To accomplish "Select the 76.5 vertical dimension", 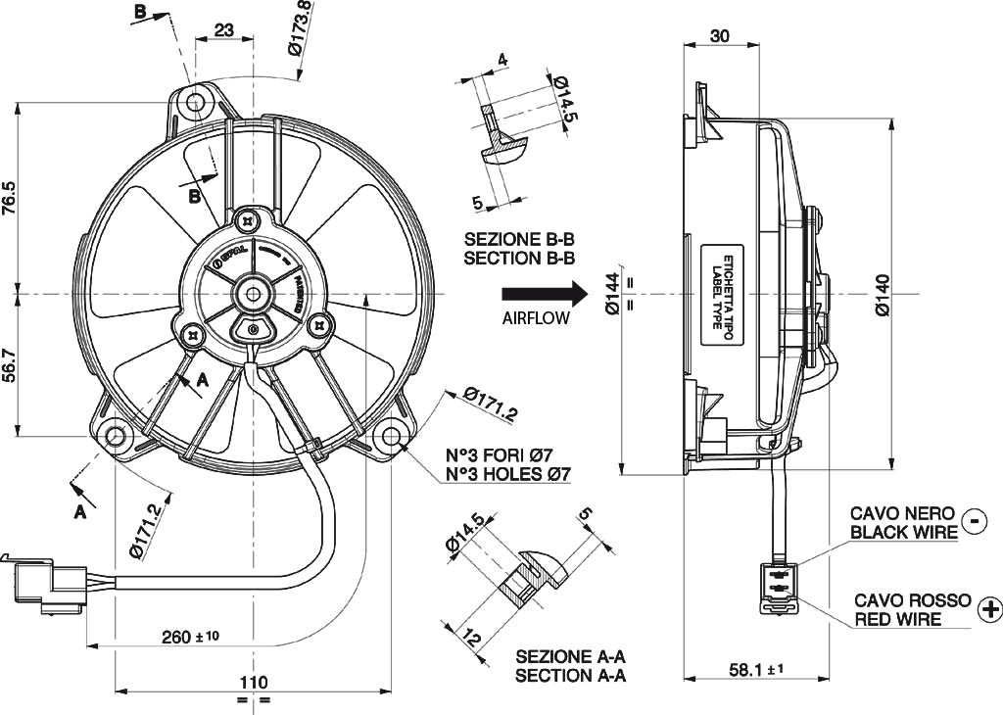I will pos(9,198).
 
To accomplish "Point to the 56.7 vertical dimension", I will pos(9,364).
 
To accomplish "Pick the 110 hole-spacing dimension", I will pos(254,682).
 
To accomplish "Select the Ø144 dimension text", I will pos(612,294).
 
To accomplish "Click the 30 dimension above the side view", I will pos(720,36).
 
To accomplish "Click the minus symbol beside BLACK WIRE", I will pos(975,521).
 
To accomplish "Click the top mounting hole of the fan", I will pos(198,102).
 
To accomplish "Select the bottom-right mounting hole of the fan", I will pos(390,436).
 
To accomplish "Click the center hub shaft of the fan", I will pos(254,293).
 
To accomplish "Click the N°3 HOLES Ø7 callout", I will pos(508,474).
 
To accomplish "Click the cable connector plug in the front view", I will pos(44,585).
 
